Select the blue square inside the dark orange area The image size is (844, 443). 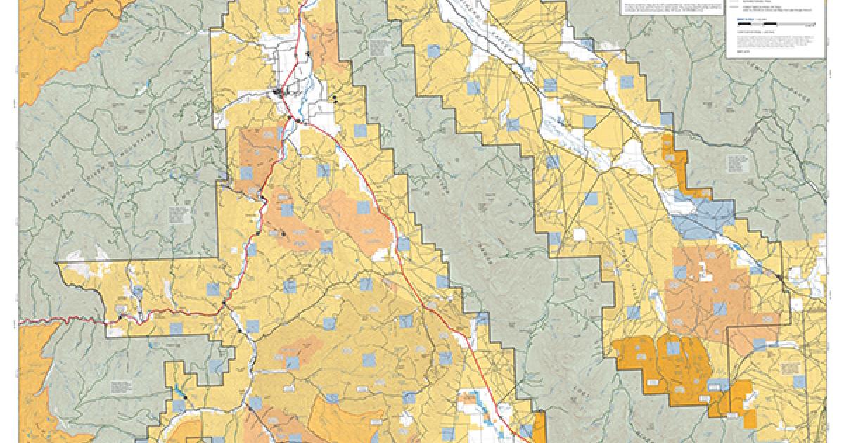[673, 347]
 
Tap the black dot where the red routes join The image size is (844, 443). [224, 303]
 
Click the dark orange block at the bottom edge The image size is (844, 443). [539, 428]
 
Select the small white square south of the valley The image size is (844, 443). [579, 234]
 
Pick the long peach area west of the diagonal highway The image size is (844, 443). [355, 218]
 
